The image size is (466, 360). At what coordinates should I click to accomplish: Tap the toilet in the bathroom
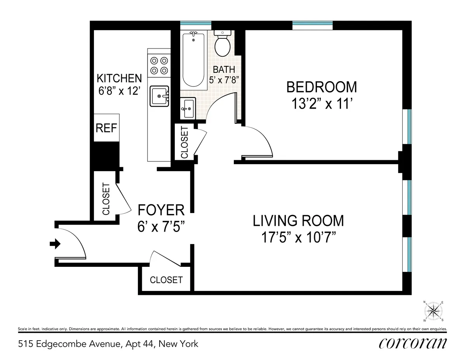pyautogui.click(x=223, y=43)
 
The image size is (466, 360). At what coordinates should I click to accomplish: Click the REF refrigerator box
pyautogui.click(x=106, y=128)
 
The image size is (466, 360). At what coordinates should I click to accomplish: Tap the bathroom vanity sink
pyautogui.click(x=188, y=107)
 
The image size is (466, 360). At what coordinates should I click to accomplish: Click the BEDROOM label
pyautogui.click(x=321, y=87)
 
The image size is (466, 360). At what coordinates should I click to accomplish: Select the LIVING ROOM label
pyautogui.click(x=298, y=220)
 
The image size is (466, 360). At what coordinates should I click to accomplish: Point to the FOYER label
pyautogui.click(x=161, y=210)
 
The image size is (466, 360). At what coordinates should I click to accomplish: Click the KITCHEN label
pyautogui.click(x=119, y=78)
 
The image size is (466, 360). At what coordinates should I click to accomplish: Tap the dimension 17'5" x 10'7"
pyautogui.click(x=298, y=237)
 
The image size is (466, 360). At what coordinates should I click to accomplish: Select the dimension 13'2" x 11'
pyautogui.click(x=321, y=104)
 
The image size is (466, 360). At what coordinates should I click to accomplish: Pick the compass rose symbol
pyautogui.click(x=434, y=311)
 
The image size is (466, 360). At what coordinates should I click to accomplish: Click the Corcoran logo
pyautogui.click(x=412, y=343)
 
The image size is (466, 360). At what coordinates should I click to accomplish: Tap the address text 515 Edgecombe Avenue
pyautogui.click(x=108, y=344)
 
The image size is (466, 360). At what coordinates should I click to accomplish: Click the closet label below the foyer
pyautogui.click(x=166, y=280)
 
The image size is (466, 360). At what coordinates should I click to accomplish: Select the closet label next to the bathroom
pyautogui.click(x=184, y=142)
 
